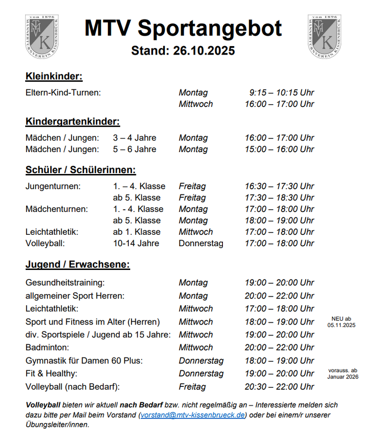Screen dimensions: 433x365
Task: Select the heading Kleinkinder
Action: [x=54, y=77]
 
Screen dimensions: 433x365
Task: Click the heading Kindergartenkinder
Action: [x=72, y=122]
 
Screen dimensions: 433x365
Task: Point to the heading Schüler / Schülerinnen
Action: [x=81, y=170]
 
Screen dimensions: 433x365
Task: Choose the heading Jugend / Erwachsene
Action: [x=78, y=264]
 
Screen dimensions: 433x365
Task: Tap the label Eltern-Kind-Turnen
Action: [x=63, y=93]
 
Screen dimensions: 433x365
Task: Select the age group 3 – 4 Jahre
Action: [x=134, y=138]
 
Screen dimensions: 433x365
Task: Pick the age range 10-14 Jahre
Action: [x=136, y=243]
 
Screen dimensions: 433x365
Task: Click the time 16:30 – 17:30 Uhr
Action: [x=279, y=186]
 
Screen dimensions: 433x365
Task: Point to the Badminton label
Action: [x=47, y=347]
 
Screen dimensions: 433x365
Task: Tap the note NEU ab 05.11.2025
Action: [x=341, y=322]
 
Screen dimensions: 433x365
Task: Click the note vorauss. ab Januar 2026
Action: [x=343, y=374]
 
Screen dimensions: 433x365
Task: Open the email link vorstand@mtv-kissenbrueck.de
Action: [x=193, y=415]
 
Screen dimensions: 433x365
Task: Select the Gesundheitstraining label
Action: [x=65, y=283]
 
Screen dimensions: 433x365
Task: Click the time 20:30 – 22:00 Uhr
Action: [x=279, y=386]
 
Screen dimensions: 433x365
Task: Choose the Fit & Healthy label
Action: [x=51, y=374]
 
